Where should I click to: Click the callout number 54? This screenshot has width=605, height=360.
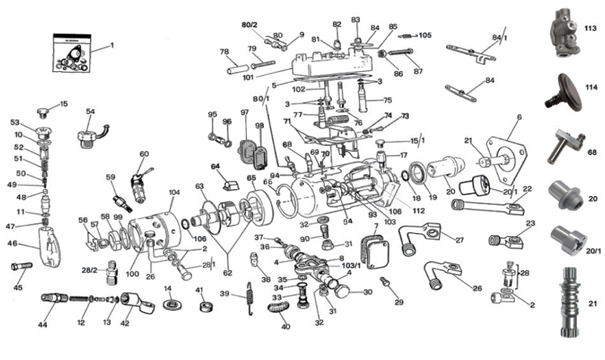(x=91, y=112)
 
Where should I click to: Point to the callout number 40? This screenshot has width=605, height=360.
(x=285, y=327)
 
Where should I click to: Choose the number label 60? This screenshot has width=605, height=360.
(x=144, y=154)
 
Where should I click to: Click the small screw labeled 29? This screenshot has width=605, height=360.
(x=386, y=282)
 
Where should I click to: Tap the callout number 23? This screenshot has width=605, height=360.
(x=529, y=223)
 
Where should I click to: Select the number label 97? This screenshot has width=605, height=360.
(x=245, y=113)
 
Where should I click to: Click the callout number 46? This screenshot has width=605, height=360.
(x=12, y=244)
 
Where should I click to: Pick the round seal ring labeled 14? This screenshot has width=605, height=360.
(x=171, y=304)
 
